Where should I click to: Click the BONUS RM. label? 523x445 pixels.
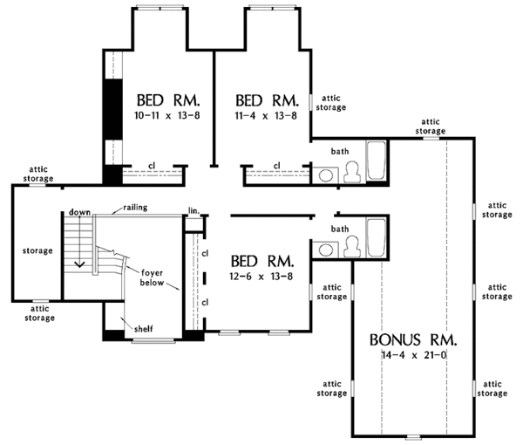point(413,339)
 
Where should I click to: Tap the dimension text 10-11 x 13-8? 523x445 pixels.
point(166,115)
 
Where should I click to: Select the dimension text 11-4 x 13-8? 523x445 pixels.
point(266,115)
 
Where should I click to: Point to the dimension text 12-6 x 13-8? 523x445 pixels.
point(261,276)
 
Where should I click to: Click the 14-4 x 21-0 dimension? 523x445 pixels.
point(413,355)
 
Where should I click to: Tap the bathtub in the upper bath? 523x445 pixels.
point(377,161)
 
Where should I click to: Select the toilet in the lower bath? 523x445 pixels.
point(352,247)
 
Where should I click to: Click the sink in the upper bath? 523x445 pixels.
point(326,175)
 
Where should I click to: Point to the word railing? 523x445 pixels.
point(135,208)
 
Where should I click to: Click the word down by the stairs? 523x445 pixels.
point(79,212)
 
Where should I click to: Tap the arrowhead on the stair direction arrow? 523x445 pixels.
point(80,264)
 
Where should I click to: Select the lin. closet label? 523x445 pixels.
point(194,210)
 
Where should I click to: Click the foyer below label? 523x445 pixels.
point(152,277)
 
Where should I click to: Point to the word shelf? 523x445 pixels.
point(144,329)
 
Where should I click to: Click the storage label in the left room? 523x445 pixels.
point(37,250)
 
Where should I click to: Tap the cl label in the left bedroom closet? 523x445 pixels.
point(152,165)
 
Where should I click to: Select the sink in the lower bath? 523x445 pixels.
point(326,250)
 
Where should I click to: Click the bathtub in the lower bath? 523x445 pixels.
point(377,237)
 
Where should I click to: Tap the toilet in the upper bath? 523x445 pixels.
point(352,172)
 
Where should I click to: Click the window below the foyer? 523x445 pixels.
point(153,341)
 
